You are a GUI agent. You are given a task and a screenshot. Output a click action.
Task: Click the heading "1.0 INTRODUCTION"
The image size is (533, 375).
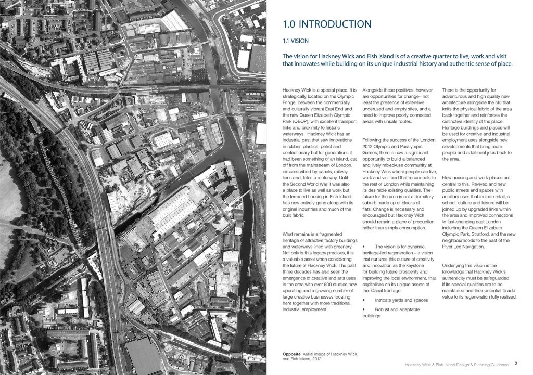tap(326, 24)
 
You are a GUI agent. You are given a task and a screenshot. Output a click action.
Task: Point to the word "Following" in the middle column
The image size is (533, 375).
tap(372, 140)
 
